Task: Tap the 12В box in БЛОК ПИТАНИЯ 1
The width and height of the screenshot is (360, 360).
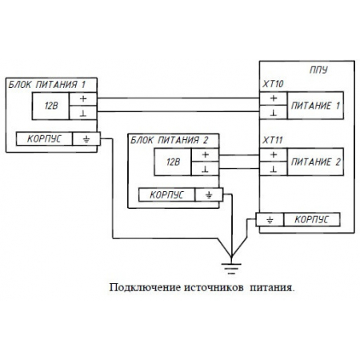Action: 51,105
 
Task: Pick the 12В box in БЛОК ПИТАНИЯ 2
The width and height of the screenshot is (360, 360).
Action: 174,162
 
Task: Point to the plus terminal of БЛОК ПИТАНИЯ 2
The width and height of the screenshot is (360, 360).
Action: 206,155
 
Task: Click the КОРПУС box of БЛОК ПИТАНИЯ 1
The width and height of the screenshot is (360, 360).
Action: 43,138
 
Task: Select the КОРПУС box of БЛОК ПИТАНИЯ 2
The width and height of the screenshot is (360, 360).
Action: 166,194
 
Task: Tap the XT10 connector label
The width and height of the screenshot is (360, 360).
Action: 274,83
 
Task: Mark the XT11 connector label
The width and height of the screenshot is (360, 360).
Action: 274,139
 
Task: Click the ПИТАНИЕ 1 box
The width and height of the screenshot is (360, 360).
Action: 314,105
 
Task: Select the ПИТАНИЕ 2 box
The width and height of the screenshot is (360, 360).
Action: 314,162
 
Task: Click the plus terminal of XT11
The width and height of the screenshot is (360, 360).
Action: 273,155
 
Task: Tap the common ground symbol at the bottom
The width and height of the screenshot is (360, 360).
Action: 231,258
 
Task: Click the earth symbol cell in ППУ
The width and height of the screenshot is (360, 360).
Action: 270,218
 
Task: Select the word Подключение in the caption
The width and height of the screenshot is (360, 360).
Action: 138,286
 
